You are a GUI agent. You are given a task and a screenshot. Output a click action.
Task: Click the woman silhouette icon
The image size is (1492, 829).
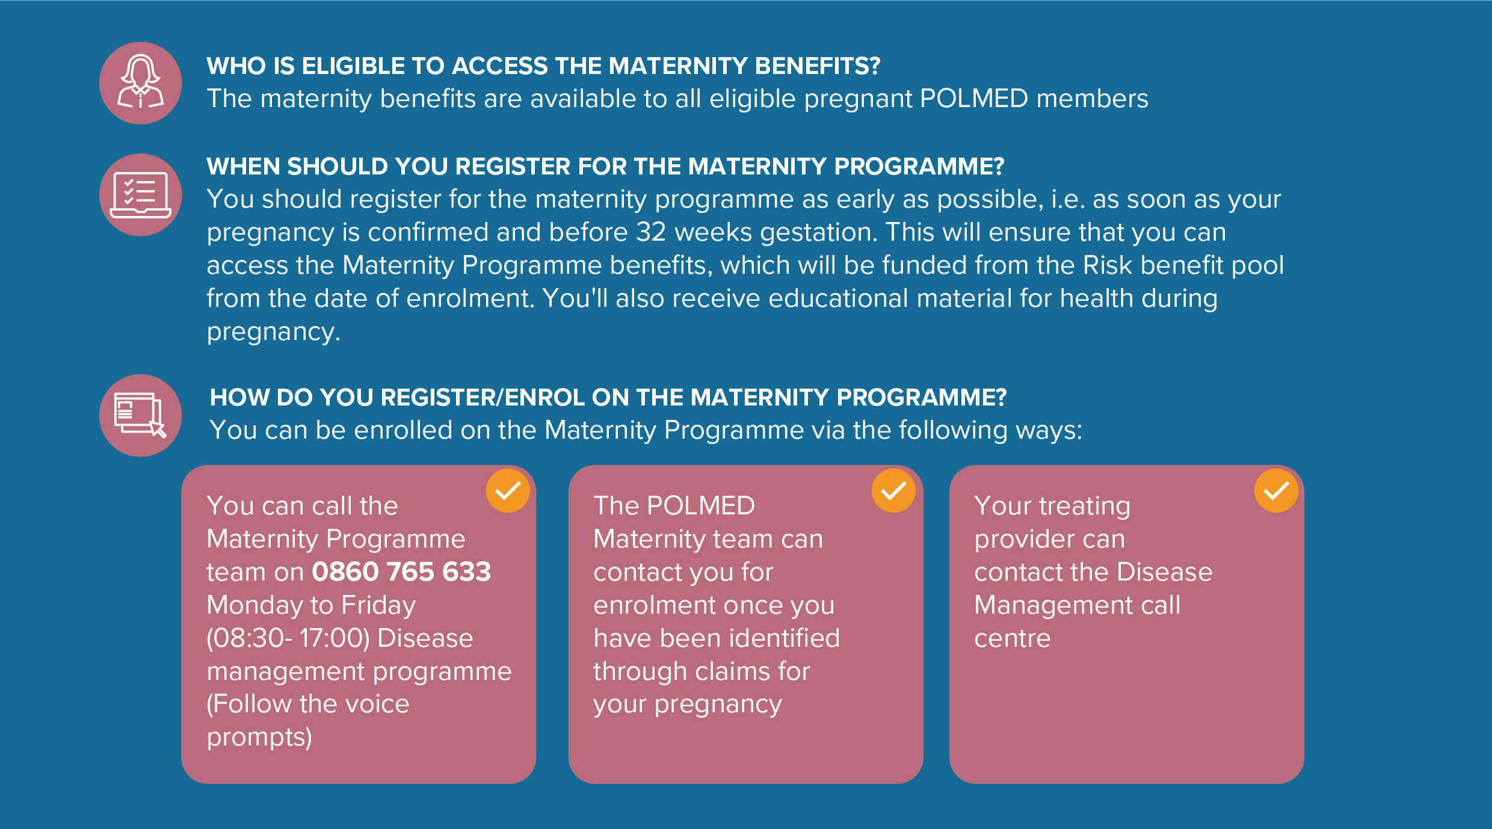coord(140,83)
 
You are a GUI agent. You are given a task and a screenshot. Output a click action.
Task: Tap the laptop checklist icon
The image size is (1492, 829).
coord(140,195)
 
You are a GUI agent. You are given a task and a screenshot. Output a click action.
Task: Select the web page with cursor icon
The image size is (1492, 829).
coord(140,416)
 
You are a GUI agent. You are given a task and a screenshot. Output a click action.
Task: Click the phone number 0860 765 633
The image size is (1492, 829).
coord(401,572)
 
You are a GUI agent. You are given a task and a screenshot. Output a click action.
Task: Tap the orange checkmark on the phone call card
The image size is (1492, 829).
coord(508,491)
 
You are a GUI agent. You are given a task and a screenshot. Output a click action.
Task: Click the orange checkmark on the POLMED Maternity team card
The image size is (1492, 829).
coord(893,491)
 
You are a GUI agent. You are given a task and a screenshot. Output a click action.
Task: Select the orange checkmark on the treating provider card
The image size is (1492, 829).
coord(1276,491)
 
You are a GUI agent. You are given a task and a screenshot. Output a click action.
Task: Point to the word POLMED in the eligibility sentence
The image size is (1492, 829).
coord(973,99)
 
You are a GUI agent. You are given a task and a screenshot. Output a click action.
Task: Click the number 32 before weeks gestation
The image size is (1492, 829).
coord(651,232)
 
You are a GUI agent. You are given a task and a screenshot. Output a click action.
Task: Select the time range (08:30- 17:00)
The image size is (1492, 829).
coord(288,638)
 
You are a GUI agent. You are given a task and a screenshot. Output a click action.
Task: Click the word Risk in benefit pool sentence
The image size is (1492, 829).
coord(1107,265)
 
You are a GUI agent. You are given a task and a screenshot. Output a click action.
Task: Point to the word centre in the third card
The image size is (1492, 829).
coord(1012,638)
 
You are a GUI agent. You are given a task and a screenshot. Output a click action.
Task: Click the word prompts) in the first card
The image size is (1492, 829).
coord(259,738)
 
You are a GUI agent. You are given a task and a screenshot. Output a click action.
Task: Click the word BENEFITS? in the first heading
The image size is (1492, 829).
coord(817,66)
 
